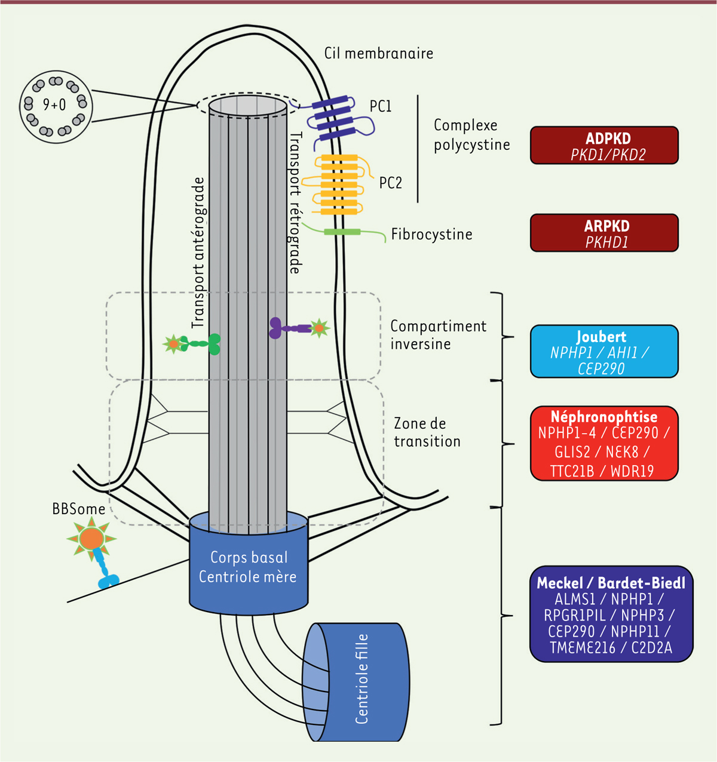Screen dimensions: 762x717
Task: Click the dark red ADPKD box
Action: [604, 145]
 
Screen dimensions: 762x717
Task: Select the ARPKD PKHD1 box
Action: [604, 233]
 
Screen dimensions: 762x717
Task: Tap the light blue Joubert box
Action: [604, 352]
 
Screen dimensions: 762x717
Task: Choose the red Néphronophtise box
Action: [604, 444]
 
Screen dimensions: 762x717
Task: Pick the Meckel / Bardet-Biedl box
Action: [611, 614]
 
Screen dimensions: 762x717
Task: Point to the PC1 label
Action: [381, 106]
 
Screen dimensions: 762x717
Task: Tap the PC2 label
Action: [391, 183]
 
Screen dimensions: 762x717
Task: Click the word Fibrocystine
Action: [431, 234]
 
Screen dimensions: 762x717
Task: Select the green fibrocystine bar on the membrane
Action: [342, 232]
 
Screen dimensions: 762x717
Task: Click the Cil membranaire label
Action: [379, 53]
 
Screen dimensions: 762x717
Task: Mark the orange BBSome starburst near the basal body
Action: [92, 538]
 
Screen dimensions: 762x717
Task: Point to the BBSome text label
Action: [79, 509]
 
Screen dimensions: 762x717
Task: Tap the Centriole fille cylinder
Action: [356, 681]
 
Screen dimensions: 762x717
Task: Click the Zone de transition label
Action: [427, 432]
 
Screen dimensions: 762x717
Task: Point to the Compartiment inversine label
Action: [438, 335]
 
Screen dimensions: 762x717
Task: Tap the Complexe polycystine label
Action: [471, 135]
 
